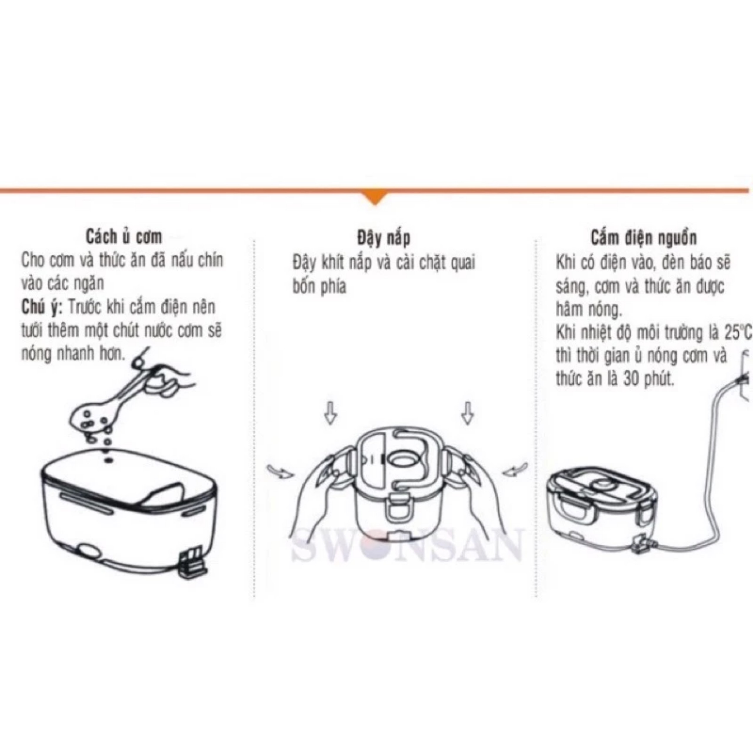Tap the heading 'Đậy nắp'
384,238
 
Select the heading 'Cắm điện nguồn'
644,238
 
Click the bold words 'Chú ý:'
42,307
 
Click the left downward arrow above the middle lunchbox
331,412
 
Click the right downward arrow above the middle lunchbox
467,412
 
